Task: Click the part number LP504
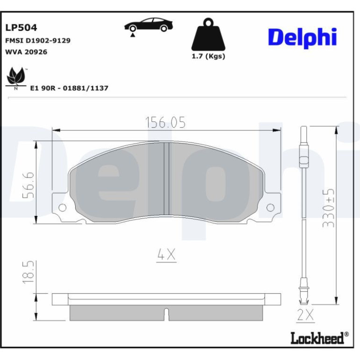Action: click(x=21, y=28)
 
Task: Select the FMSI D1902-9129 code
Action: click(x=38, y=41)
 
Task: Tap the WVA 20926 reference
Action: click(x=26, y=52)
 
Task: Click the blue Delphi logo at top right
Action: click(x=302, y=38)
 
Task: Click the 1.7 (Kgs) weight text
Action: click(x=208, y=56)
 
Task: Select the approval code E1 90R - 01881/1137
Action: click(x=69, y=88)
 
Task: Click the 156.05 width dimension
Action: click(x=166, y=122)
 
